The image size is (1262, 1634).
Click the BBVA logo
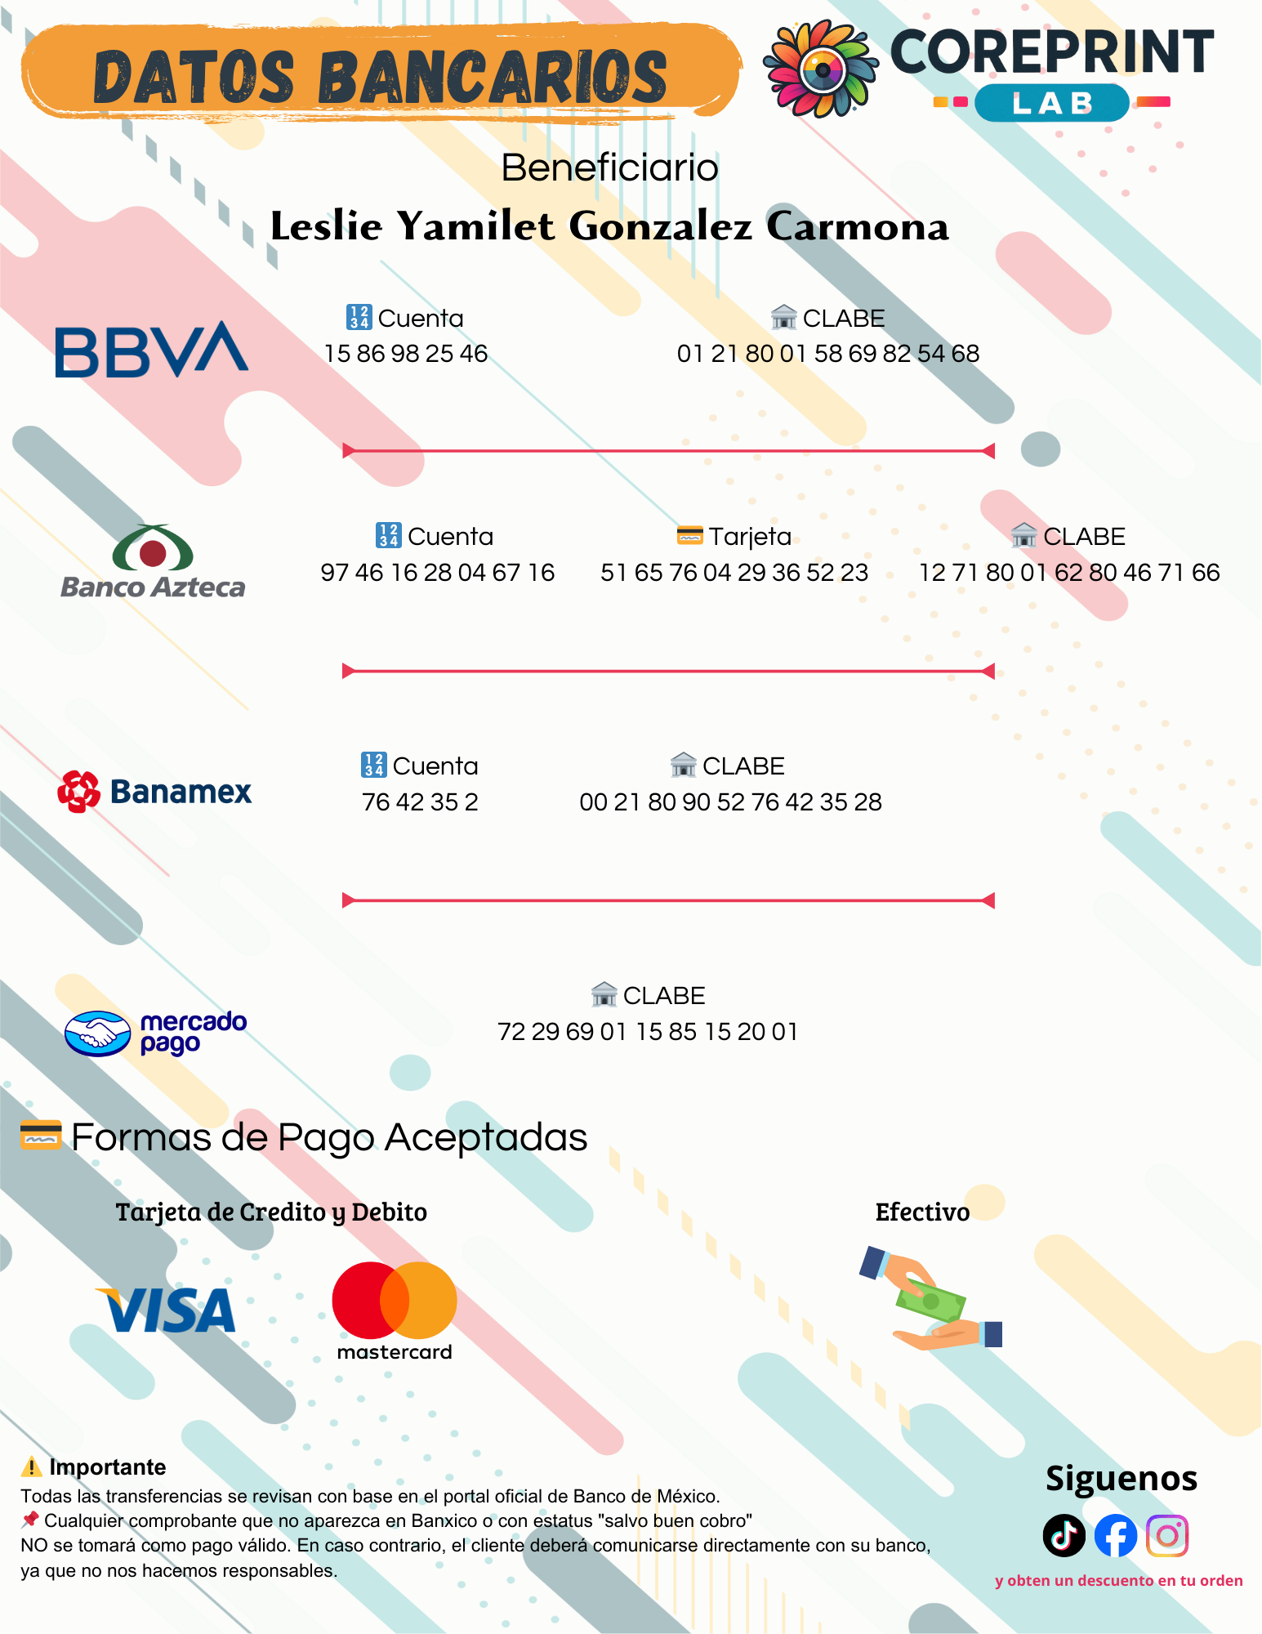click(x=152, y=350)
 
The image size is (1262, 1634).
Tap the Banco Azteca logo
click(x=153, y=561)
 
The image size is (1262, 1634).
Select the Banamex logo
click(x=154, y=791)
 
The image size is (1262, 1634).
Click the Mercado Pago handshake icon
click(x=97, y=1034)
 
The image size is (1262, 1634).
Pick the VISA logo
click(x=166, y=1310)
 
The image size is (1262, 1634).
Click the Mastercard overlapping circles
click(x=395, y=1301)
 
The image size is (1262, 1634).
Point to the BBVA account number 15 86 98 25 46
click(x=406, y=354)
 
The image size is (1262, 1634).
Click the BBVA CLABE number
click(x=828, y=354)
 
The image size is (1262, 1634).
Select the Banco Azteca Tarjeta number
click(x=734, y=573)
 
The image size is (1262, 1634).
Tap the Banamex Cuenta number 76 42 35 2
click(x=420, y=802)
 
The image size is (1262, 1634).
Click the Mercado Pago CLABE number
click(x=648, y=1032)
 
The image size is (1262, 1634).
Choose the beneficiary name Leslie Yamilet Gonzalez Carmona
click(x=609, y=225)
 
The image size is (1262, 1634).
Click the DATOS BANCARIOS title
click(x=381, y=78)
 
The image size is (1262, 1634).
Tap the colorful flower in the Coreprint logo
click(x=821, y=69)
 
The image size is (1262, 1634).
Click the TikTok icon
click(x=1064, y=1536)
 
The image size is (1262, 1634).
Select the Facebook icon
click(x=1116, y=1536)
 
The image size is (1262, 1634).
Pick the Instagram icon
click(x=1167, y=1536)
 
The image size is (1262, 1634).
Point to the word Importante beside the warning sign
click(x=108, y=1467)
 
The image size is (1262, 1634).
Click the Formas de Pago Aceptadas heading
click(x=329, y=1137)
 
